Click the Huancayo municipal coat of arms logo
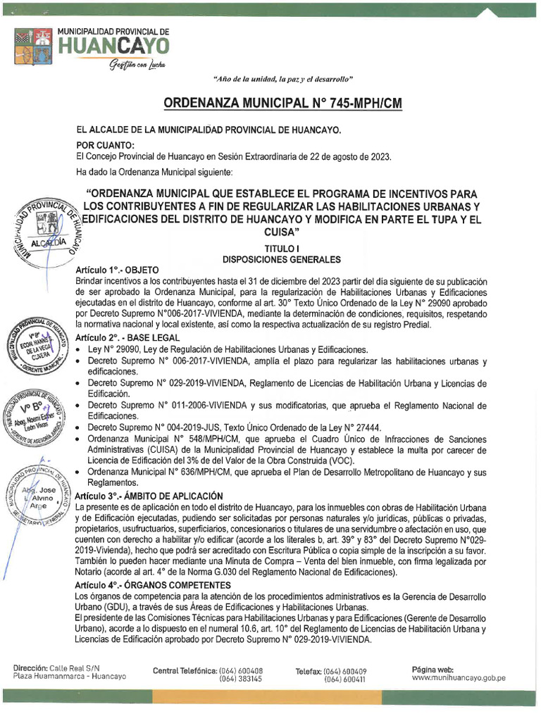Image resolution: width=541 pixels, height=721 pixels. [33, 45]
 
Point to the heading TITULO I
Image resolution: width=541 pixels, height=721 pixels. [282, 249]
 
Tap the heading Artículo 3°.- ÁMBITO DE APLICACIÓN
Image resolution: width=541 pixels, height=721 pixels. [149, 496]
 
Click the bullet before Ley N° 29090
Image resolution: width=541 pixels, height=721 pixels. [79, 350]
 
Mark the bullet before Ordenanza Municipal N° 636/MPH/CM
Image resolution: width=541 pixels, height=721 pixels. [79, 472]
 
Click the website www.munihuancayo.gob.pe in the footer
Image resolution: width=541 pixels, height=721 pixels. [459, 677]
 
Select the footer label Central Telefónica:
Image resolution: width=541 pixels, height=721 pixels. [184, 670]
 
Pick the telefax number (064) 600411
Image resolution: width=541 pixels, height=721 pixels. [344, 679]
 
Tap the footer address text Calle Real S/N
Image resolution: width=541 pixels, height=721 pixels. [74, 667]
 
